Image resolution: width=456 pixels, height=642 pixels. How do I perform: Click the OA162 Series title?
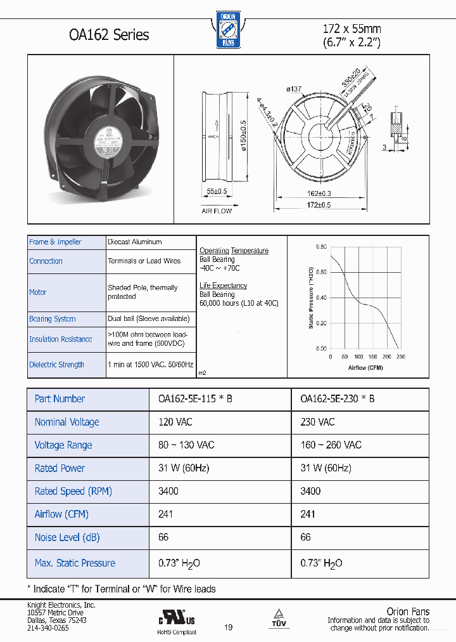click(x=108, y=34)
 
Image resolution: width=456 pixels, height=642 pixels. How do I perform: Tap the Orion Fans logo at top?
click(x=227, y=29)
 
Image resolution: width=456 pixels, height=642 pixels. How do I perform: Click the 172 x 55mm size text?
click(x=351, y=29)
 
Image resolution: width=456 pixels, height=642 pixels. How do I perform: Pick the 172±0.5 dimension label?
click(x=319, y=204)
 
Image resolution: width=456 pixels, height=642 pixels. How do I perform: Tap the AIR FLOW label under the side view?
click(x=217, y=211)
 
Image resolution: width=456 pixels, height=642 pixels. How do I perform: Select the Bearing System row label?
click(x=52, y=319)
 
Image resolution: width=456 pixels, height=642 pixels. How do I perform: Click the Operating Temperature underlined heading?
click(x=234, y=251)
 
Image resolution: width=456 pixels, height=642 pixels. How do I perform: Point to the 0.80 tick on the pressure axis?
click(x=321, y=247)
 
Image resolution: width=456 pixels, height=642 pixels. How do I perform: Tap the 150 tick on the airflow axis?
click(x=373, y=357)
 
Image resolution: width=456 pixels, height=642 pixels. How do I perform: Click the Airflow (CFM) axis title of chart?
click(x=366, y=368)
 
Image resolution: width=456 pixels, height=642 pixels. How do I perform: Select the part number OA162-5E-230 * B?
click(x=337, y=399)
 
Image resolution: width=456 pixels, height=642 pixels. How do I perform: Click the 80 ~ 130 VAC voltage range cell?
click(x=186, y=445)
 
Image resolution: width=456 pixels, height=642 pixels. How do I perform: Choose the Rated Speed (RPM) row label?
click(x=73, y=491)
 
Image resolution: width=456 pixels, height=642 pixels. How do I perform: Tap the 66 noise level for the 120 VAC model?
click(x=163, y=537)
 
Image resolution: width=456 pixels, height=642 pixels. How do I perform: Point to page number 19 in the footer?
click(x=228, y=627)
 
